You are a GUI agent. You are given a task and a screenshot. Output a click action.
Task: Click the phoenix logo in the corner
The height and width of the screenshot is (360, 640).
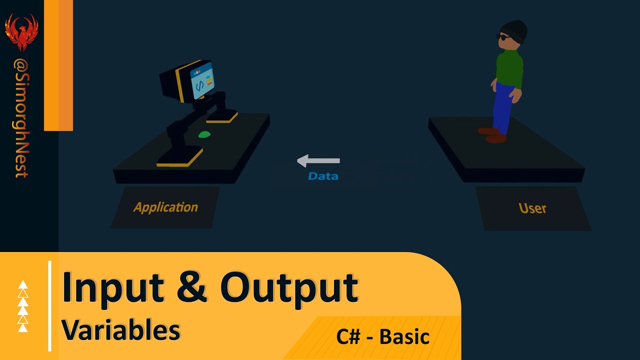pyautogui.click(x=21, y=31)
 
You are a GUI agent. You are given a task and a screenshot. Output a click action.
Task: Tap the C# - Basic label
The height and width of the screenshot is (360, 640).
pyautogui.click(x=383, y=336)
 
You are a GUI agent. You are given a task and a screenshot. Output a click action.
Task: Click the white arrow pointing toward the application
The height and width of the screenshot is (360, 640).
pyautogui.click(x=318, y=160)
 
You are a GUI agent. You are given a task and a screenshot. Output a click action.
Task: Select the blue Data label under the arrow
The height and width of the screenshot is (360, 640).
pyautogui.click(x=323, y=176)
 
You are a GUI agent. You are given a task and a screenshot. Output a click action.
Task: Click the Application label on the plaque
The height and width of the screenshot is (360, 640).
pyautogui.click(x=165, y=207)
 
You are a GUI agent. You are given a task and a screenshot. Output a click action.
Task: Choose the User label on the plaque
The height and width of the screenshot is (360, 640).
pyautogui.click(x=532, y=208)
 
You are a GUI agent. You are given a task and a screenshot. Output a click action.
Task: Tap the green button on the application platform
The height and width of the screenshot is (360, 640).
pyautogui.click(x=204, y=134)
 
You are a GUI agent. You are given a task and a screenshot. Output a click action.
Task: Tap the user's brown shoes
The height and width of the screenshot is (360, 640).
pyautogui.click(x=492, y=135)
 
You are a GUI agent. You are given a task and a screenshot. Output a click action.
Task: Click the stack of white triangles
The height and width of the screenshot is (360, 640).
pyautogui.click(x=23, y=306)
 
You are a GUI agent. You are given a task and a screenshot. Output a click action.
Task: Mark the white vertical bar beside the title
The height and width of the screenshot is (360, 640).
pyautogui.click(x=50, y=305)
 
